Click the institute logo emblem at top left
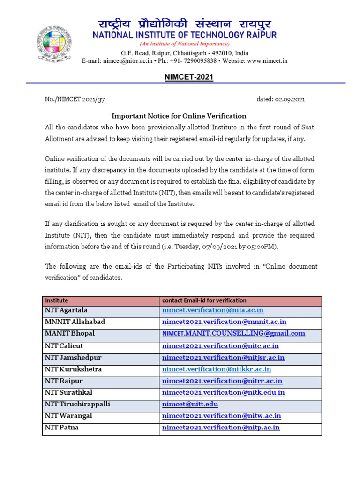pos(55,43)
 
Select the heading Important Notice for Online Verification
pos(179,116)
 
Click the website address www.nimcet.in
pos(267,60)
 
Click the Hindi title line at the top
pos(184,24)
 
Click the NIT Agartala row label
pos(66,310)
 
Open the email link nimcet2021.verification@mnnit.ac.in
pos(224,322)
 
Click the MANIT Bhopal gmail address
pos(233,334)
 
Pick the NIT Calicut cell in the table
pos(64,345)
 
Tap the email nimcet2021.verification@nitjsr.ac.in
pos(223,358)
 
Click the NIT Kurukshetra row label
pos(73,369)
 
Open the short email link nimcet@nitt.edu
pos(190,404)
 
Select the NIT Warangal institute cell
pos(68,415)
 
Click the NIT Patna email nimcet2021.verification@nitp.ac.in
pos(221,427)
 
